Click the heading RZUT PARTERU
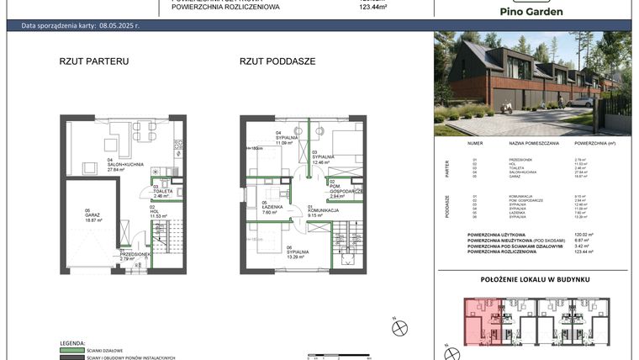pyautogui.click(x=93, y=61)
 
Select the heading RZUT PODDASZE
pyautogui.click(x=277, y=61)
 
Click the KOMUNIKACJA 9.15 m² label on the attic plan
pyautogui.click(x=322, y=212)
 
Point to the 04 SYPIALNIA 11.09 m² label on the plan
pyautogui.click(x=288, y=139)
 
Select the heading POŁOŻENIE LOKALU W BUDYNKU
pyautogui.click(x=535, y=278)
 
